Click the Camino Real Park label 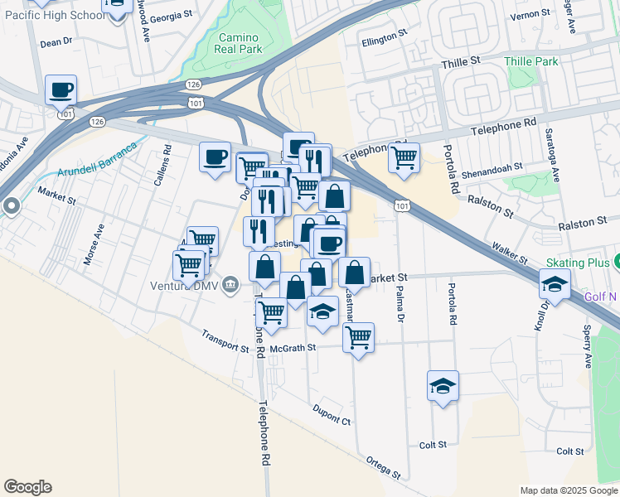[x=239, y=44]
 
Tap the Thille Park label [x=531, y=61]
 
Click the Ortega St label [x=383, y=468]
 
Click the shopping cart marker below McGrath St [x=358, y=337]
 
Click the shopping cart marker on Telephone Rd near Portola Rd [x=404, y=157]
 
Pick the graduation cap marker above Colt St [x=443, y=385]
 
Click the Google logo [x=27, y=487]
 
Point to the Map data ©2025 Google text [x=569, y=490]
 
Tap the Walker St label [x=510, y=252]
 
